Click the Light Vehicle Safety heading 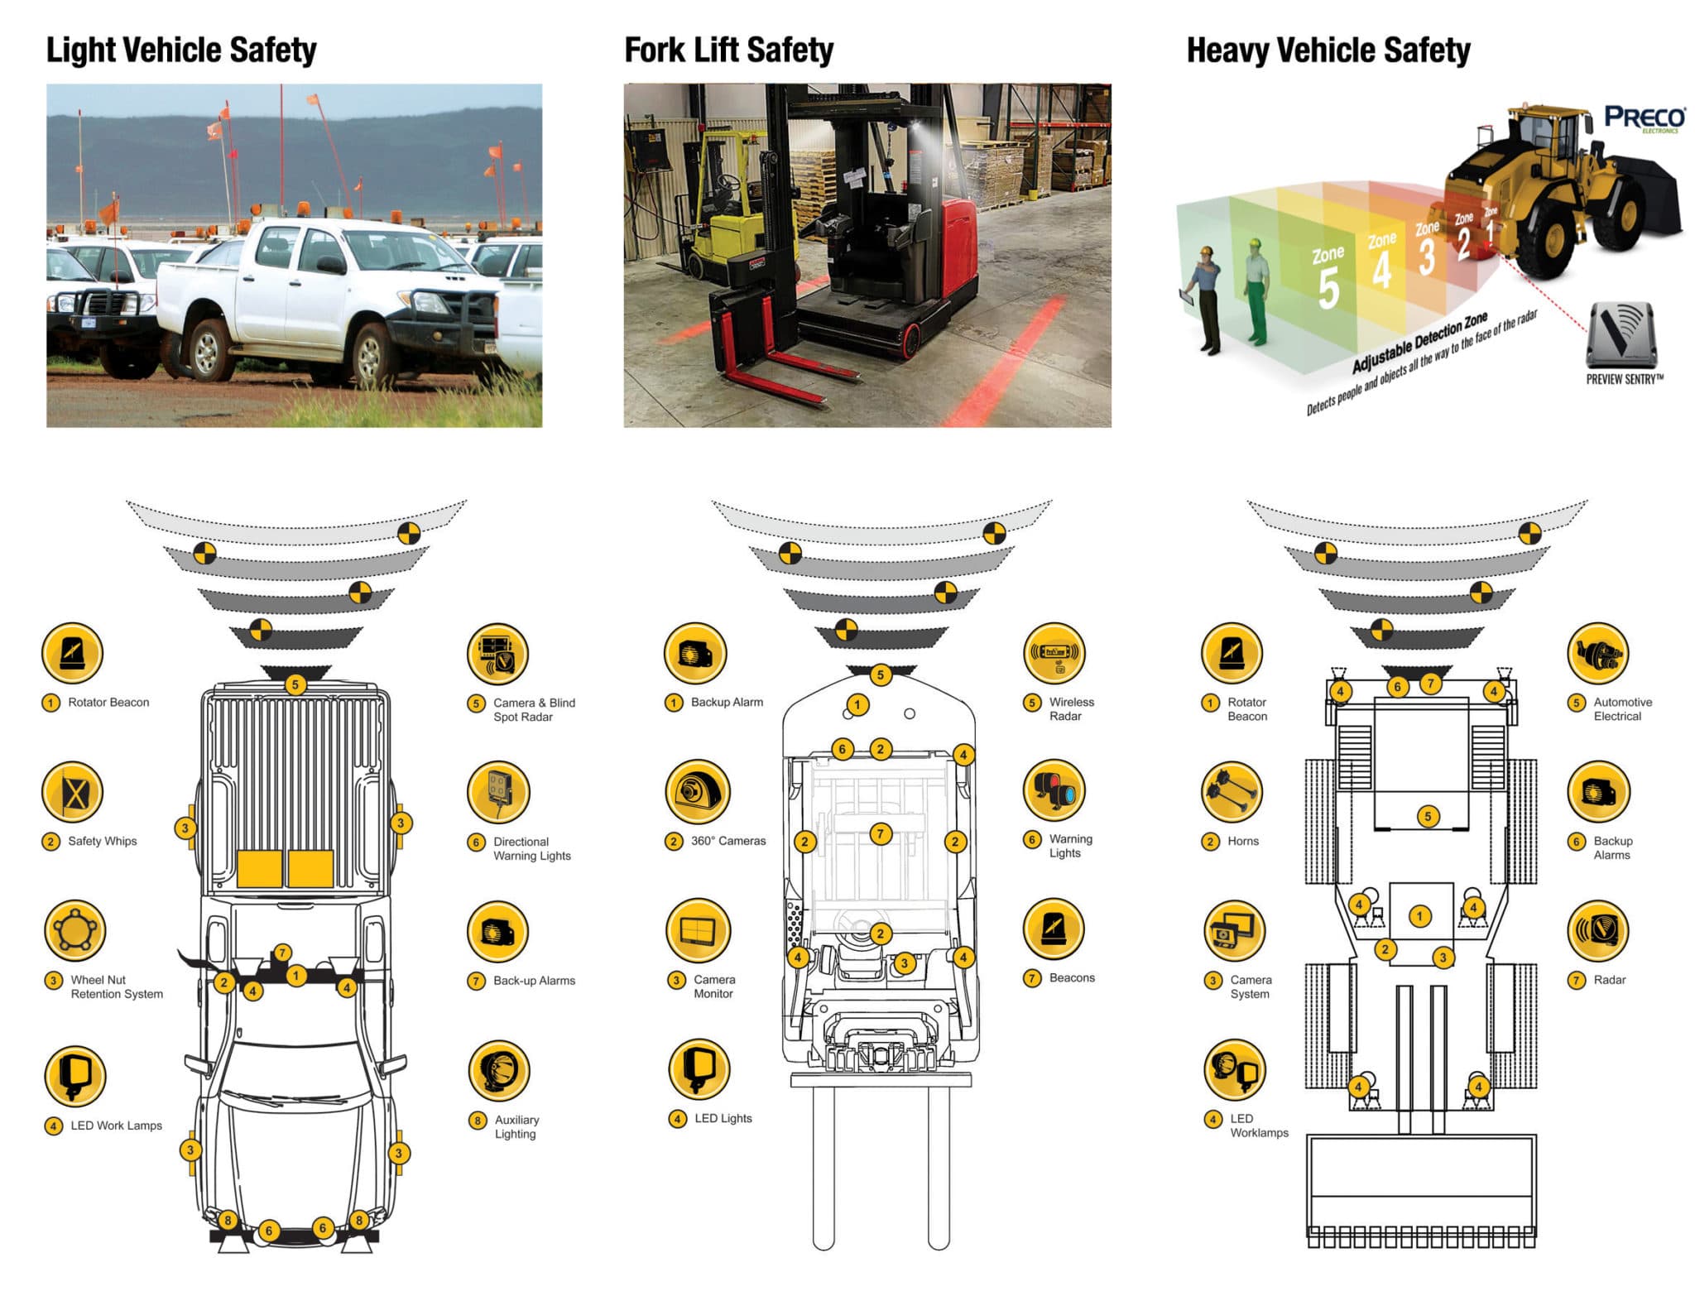(x=181, y=50)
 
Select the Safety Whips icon (x=73, y=792)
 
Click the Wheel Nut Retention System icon (x=74, y=930)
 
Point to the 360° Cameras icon (x=698, y=792)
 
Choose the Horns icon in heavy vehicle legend (x=1232, y=792)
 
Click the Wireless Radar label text (x=1071, y=708)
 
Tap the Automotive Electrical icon (x=1597, y=653)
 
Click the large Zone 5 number (x=1328, y=287)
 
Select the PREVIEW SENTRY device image (x=1621, y=335)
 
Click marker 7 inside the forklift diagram (x=881, y=833)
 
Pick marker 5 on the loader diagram (x=1428, y=816)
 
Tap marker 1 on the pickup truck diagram (x=295, y=976)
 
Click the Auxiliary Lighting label (x=516, y=1126)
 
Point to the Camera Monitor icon (x=698, y=930)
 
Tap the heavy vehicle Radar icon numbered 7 (x=1597, y=930)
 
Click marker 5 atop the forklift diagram (x=881, y=674)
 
